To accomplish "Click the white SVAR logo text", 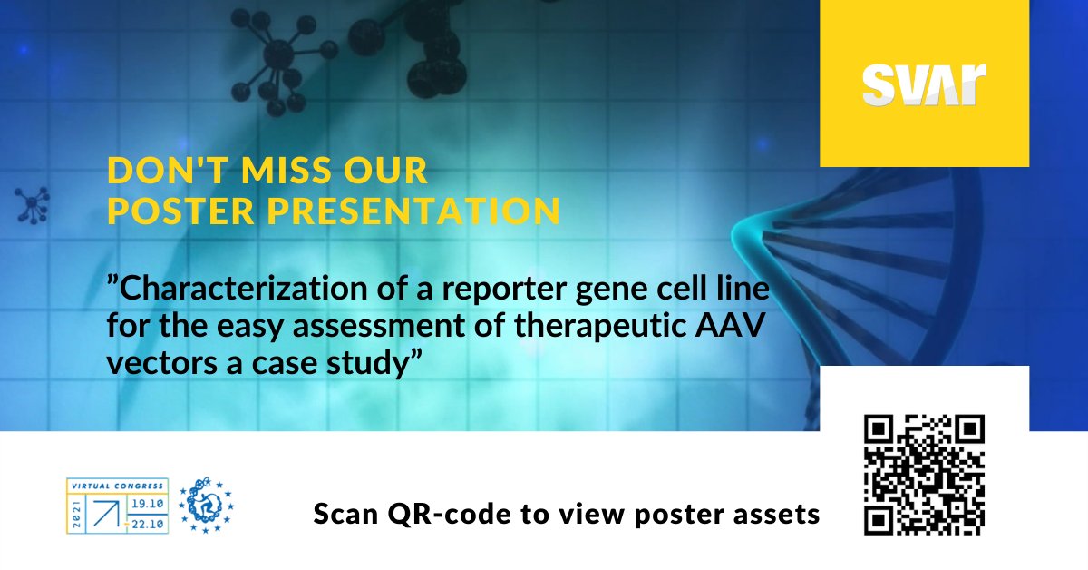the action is [924, 84].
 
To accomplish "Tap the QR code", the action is [924, 475].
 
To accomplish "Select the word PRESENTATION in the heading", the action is [413, 211].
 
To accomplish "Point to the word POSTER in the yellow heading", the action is [181, 211].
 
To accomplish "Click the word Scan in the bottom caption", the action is [345, 514].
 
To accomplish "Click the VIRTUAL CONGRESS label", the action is [118, 486].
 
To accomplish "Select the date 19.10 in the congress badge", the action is [148, 504].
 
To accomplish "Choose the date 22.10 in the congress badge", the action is [148, 525].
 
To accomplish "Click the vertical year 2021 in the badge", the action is [76, 514].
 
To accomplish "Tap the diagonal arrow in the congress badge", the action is [106, 514].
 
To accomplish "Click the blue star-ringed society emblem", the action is [206, 506].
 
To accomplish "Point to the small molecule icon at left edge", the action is [32, 205].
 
